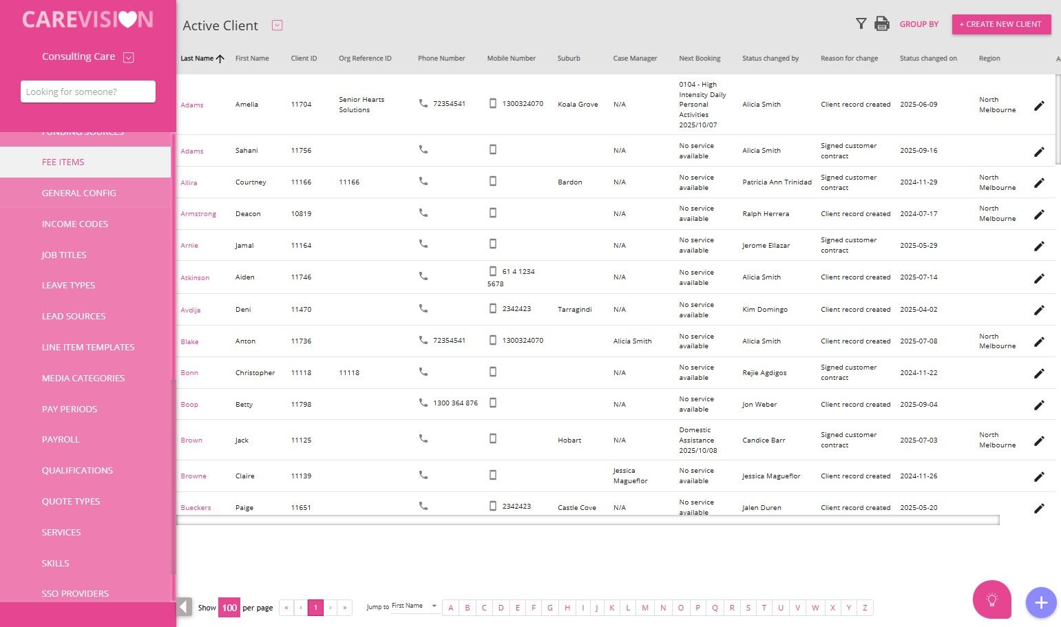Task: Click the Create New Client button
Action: [x=1001, y=24]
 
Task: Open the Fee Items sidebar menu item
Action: [x=63, y=162]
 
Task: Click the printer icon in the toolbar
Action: [x=881, y=24]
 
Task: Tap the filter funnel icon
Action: [x=861, y=24]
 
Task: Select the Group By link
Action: [x=918, y=24]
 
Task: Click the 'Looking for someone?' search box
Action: [x=88, y=92]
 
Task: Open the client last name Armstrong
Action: [x=198, y=214]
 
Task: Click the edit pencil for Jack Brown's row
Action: [x=1039, y=440]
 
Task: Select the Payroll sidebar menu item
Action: [x=61, y=440]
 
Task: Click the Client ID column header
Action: [x=304, y=59]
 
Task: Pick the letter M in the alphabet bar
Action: [x=645, y=608]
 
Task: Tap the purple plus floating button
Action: [x=1040, y=603]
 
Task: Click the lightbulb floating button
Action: [x=991, y=600]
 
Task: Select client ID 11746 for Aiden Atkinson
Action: [x=301, y=277]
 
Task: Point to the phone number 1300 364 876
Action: [x=455, y=403]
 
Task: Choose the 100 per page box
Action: [x=229, y=608]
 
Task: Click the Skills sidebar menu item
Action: [x=56, y=564]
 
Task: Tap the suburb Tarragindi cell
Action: [x=574, y=310]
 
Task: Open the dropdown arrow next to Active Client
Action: [x=277, y=25]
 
